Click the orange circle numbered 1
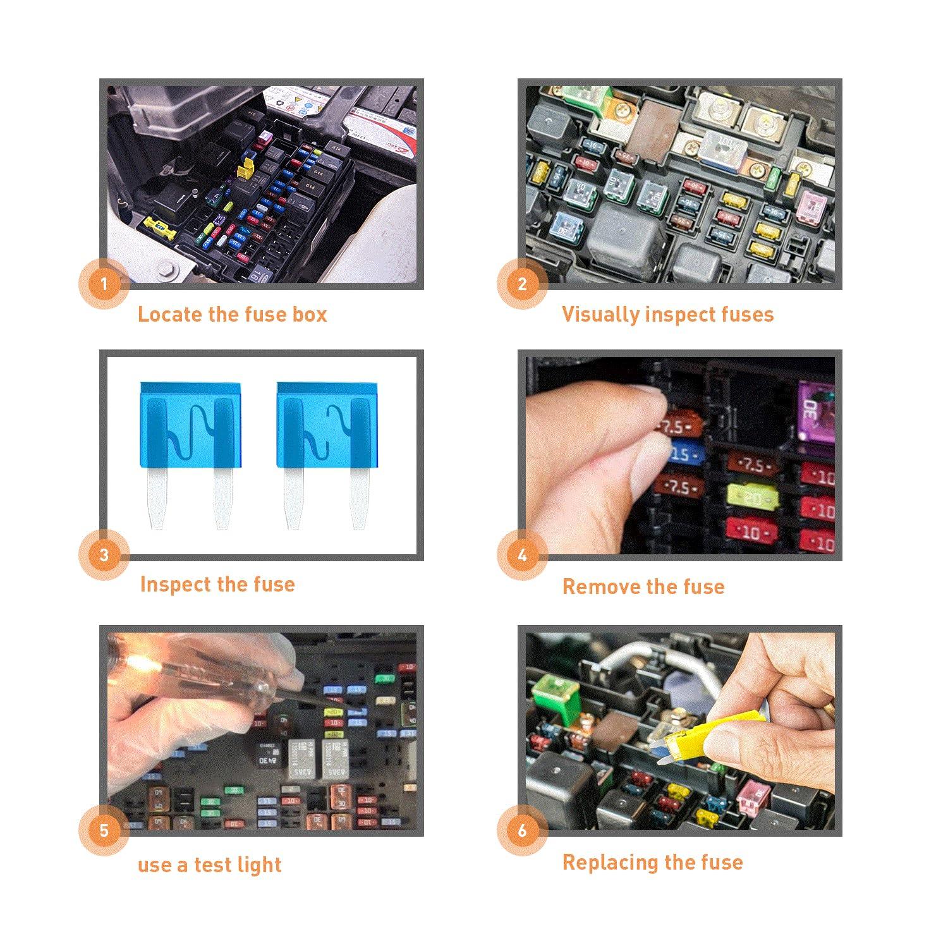coord(104,284)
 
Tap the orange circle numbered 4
coord(522,555)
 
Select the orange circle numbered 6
coord(522,830)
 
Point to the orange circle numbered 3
coord(104,555)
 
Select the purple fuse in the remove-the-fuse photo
coord(815,411)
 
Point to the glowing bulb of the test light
coord(136,664)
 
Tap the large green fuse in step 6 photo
coord(556,698)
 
